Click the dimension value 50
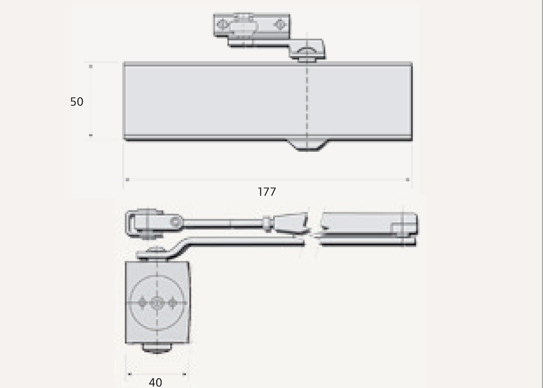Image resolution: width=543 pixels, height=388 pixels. point(77,102)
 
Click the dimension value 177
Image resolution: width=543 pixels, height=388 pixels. point(267,192)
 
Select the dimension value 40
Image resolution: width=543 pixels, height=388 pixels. point(155,382)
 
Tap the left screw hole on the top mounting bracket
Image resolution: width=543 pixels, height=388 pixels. point(221,25)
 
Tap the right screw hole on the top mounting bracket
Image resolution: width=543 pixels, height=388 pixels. point(279,25)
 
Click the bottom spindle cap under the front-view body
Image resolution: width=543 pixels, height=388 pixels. point(307,145)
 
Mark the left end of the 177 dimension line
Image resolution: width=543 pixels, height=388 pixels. point(127,180)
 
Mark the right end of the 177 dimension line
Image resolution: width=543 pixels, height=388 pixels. point(408,180)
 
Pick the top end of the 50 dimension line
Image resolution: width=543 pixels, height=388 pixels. point(91,66)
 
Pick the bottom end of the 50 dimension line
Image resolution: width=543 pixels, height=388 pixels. point(91,136)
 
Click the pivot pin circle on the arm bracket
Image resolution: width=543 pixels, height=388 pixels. point(174,221)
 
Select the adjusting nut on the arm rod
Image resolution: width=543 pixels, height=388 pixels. point(267,224)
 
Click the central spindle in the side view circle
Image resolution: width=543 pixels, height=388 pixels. point(157,303)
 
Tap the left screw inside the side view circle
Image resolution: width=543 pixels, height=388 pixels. point(143,303)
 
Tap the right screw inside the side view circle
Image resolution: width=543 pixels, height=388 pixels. point(172,303)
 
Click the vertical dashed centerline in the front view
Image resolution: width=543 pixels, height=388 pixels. point(307,102)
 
